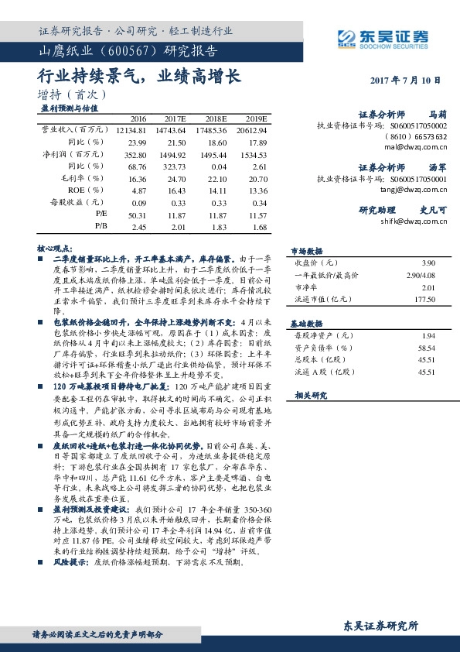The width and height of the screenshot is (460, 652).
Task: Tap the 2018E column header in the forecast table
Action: (216, 118)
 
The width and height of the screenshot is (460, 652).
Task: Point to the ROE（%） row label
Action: (85, 190)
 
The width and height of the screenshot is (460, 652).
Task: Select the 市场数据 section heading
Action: (306, 251)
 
